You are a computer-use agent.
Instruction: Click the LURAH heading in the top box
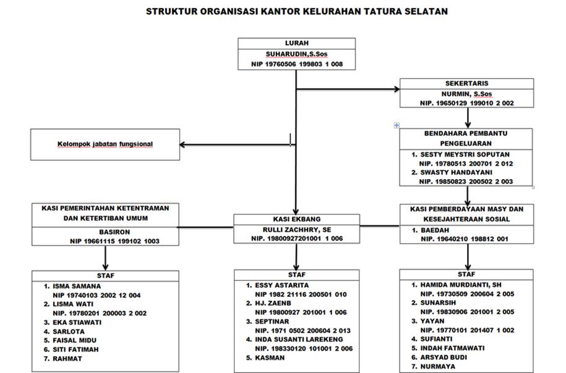point(297,43)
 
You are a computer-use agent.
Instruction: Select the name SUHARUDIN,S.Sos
point(297,55)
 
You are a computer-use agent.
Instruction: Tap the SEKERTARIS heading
point(467,83)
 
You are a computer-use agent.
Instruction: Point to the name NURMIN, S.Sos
point(467,94)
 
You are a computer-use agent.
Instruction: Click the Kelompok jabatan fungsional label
point(105,144)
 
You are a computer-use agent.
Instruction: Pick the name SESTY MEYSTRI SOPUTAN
point(465,154)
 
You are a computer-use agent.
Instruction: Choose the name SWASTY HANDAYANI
point(457,172)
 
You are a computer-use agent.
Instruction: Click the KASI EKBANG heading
point(297,219)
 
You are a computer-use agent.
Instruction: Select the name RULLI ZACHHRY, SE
point(297,229)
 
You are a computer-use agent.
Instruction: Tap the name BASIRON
point(114,232)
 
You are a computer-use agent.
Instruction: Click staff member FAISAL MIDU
point(75,341)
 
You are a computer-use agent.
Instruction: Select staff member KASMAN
point(270,358)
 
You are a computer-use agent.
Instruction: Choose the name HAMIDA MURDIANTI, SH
point(461,285)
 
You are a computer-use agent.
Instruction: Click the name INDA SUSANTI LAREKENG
point(299,340)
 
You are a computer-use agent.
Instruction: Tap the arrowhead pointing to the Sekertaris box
point(397,89)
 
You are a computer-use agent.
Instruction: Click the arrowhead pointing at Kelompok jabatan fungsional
point(182,144)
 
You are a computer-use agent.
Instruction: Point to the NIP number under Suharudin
point(297,64)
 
